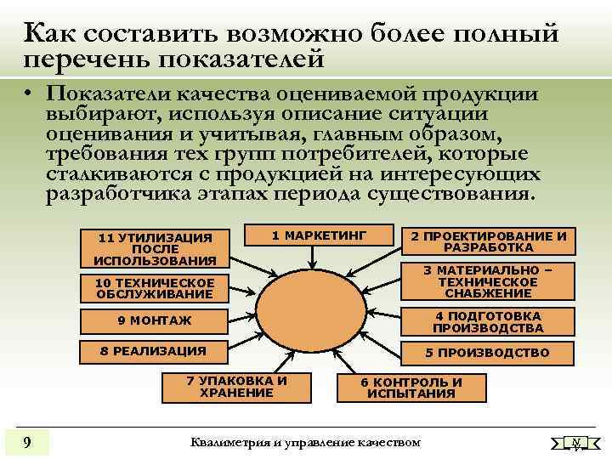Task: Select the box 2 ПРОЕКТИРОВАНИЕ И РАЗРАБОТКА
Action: coord(488,241)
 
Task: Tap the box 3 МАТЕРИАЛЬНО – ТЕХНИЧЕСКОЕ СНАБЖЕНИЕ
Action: coord(488,282)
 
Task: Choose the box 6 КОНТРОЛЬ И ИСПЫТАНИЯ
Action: coord(411,388)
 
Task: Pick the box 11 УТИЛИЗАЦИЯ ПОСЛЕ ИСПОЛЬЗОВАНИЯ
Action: coord(155,247)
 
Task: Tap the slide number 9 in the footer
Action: coord(28,442)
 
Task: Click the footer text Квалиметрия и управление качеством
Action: coord(306,442)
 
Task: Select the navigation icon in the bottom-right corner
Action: coord(576,442)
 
